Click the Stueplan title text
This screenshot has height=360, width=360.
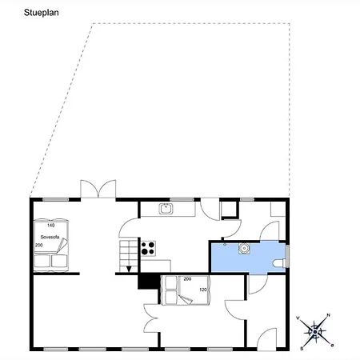click(42, 13)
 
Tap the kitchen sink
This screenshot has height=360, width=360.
click(166, 209)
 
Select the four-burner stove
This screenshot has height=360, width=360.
click(148, 248)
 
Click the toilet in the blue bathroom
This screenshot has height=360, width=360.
click(278, 263)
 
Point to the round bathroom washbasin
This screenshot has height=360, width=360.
click(244, 248)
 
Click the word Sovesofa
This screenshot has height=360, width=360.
click(50, 237)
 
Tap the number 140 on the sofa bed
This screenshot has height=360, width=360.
click(50, 226)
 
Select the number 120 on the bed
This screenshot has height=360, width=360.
click(203, 290)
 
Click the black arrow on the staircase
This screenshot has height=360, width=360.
click(129, 269)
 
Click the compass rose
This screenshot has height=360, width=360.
click(315, 332)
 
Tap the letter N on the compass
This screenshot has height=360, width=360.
click(329, 315)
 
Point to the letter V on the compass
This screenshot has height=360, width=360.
click(298, 318)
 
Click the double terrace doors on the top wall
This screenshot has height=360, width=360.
click(98, 189)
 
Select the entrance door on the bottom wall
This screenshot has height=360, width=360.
click(266, 339)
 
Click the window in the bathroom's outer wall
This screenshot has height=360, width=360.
click(287, 256)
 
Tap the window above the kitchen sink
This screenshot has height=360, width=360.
click(182, 199)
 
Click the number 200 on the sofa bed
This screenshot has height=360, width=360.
click(39, 245)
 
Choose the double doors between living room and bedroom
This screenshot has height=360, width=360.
click(151, 318)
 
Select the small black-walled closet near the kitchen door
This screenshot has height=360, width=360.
click(230, 210)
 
